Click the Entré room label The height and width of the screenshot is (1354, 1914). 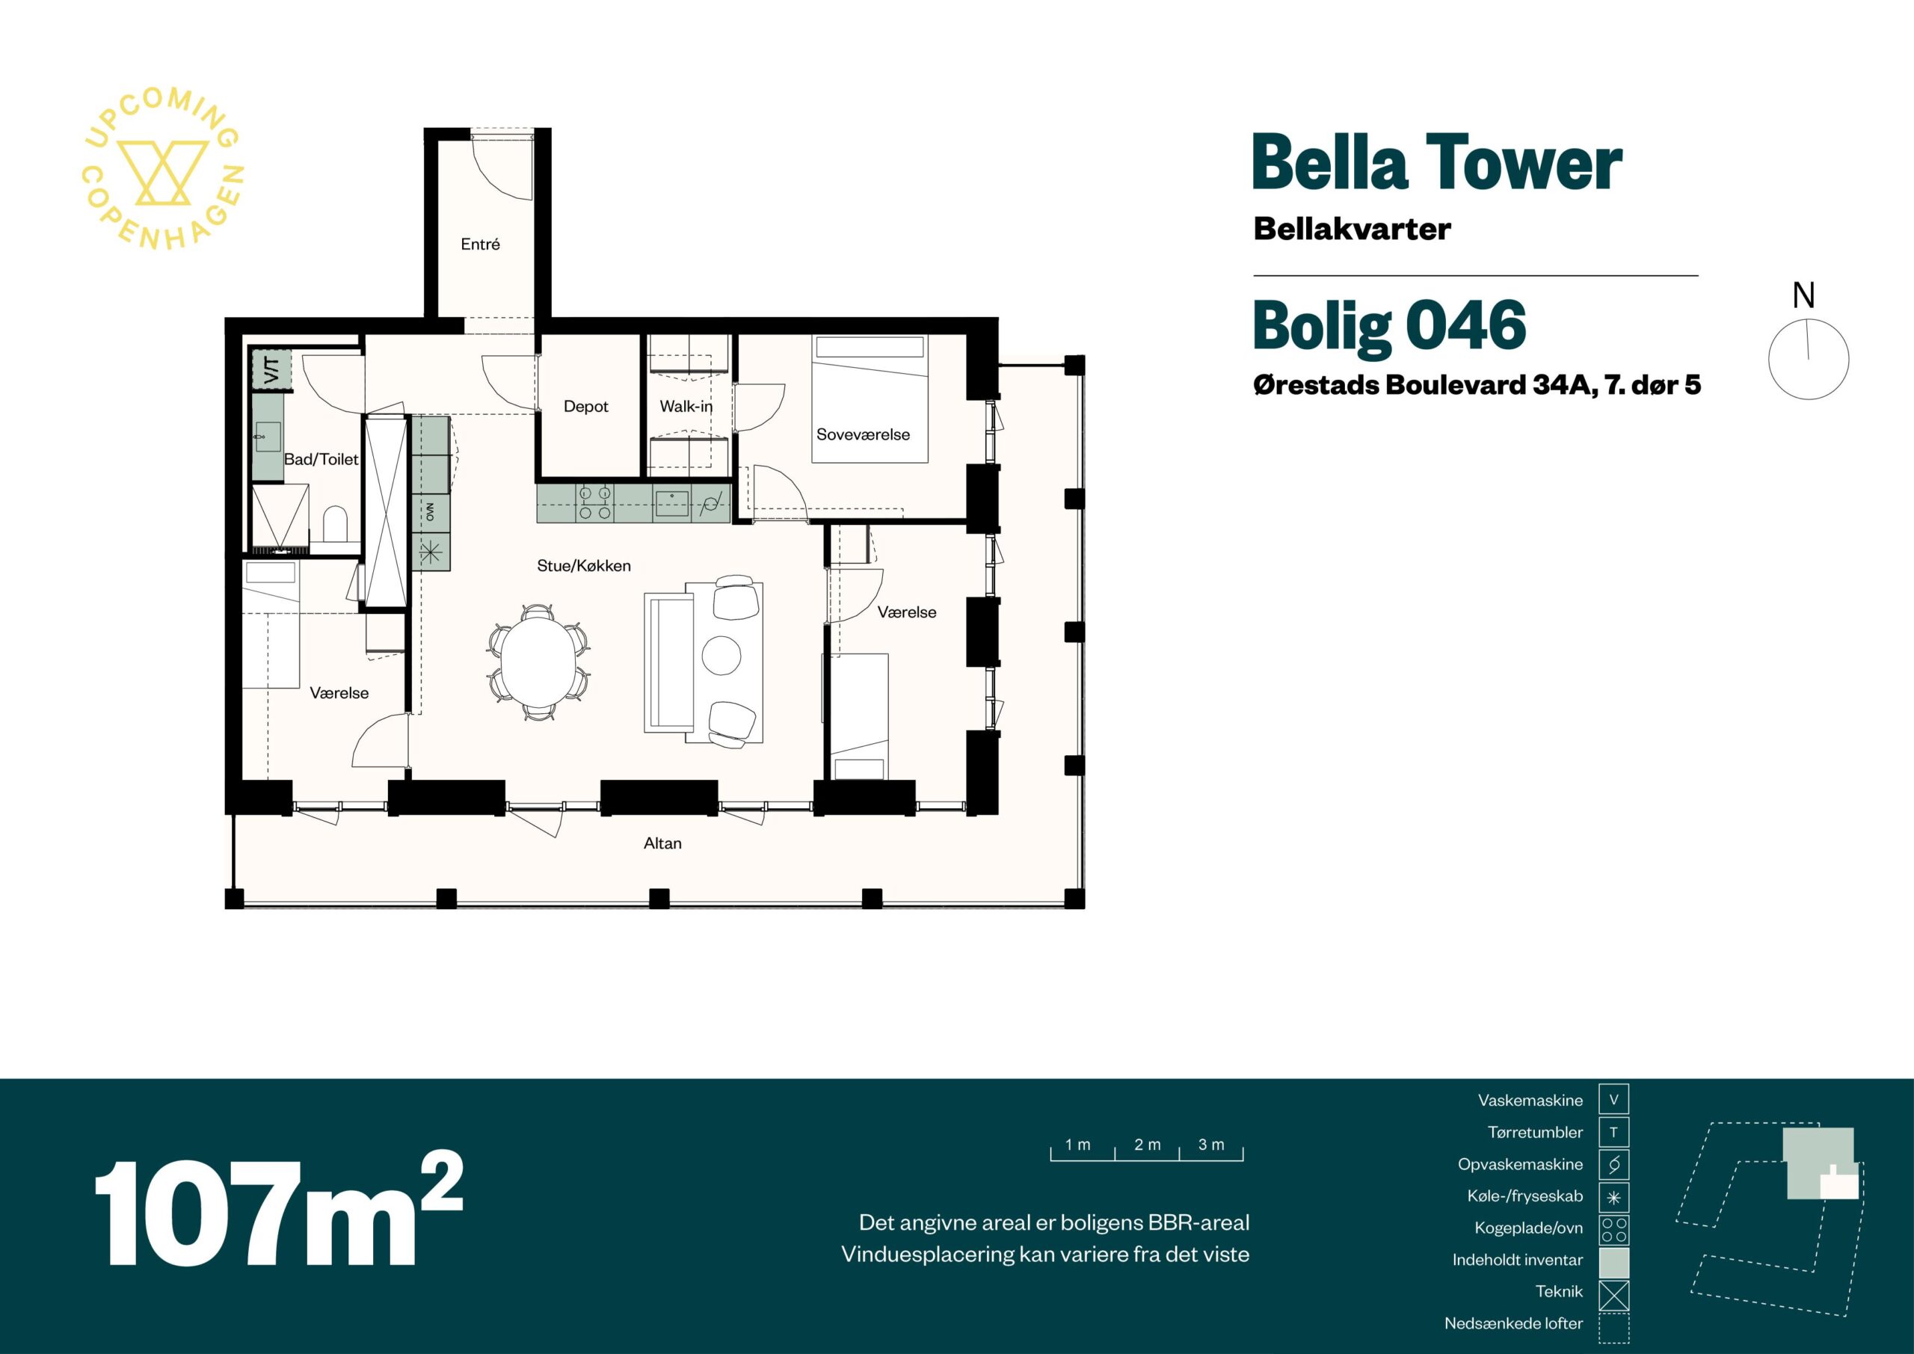(480, 244)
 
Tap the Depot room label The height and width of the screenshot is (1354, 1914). (586, 407)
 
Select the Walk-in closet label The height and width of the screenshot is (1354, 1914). (686, 407)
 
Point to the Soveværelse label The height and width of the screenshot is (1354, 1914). (863, 434)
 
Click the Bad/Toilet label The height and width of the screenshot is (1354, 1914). (321, 459)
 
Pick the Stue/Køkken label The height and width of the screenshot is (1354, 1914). (583, 566)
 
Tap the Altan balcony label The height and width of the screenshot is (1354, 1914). (662, 843)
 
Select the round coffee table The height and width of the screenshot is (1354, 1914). (721, 656)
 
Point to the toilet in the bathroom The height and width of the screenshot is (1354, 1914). (334, 523)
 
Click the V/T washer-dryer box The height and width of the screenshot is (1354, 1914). (271, 369)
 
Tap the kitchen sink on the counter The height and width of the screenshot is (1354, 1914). (672, 505)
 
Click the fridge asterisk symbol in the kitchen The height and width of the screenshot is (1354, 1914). (431, 552)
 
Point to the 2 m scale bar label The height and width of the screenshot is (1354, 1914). (1147, 1145)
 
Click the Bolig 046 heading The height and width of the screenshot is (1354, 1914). (1389, 326)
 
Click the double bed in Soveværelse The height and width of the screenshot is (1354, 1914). (870, 398)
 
